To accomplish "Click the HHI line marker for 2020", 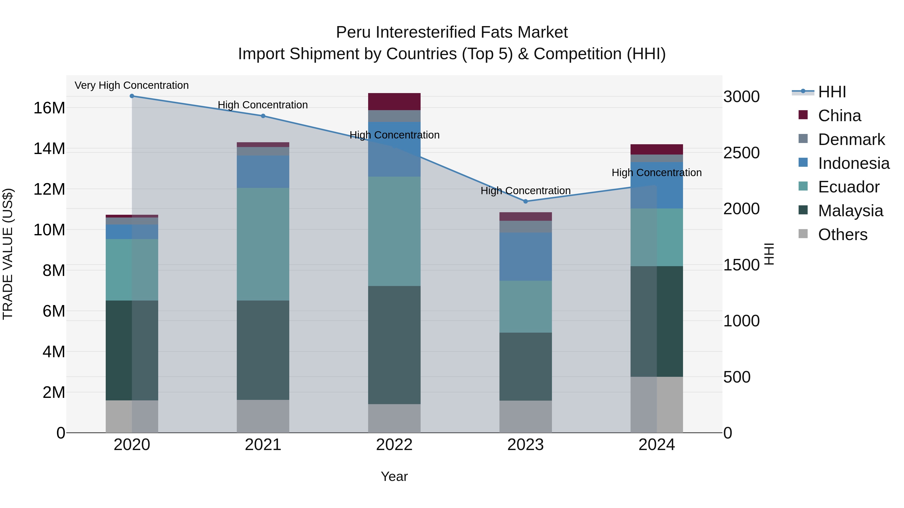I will (x=132, y=96).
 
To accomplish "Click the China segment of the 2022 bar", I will (x=394, y=102).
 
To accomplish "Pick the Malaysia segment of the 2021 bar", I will (x=263, y=350).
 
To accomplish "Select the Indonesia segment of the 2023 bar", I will (x=525, y=257).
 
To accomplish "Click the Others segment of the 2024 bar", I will (x=657, y=405).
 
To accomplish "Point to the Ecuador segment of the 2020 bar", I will (x=132, y=270).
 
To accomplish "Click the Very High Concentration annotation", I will (x=132, y=86).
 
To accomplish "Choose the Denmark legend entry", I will (x=851, y=139).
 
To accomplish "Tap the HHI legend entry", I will (x=832, y=92).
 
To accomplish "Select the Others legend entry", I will (x=842, y=235).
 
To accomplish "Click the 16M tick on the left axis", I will (x=49, y=108).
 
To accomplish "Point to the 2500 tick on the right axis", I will (x=741, y=153).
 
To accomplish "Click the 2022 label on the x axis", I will (x=394, y=445).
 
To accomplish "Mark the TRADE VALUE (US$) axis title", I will (x=8, y=254).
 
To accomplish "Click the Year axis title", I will (x=394, y=476).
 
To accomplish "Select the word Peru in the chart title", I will (x=353, y=33).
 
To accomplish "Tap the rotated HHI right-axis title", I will (x=769, y=254).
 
